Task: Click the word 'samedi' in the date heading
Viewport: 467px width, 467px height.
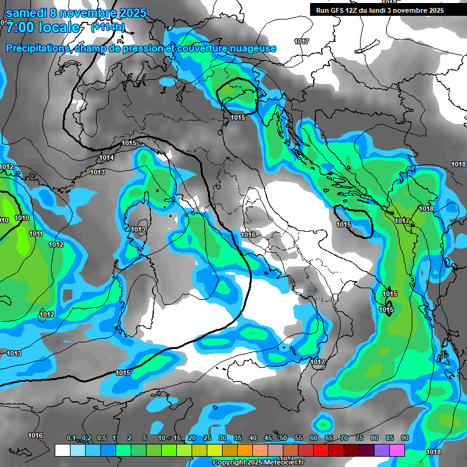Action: (25, 13)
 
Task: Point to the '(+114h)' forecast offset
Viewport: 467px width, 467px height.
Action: (107, 27)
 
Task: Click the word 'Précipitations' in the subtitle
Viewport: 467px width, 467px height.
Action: (38, 48)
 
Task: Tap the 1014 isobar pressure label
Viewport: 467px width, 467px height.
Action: (106, 158)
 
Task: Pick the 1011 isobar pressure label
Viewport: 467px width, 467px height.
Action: (36, 234)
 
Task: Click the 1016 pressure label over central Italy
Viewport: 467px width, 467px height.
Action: (248, 235)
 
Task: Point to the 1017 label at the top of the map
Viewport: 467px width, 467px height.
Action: (302, 41)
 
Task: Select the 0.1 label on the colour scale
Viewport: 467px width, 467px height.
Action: (71, 438)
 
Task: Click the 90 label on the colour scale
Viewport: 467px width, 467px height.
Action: (404, 438)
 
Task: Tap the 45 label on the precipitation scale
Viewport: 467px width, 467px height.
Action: (268, 438)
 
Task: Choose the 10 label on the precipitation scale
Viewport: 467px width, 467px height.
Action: (162, 438)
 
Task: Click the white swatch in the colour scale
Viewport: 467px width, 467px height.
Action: (62, 450)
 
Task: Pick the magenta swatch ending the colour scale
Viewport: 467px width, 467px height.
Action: (397, 450)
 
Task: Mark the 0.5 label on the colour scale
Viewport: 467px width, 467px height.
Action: (101, 438)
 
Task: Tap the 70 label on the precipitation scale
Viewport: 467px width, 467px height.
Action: (344, 438)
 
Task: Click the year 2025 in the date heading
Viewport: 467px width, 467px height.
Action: (133, 13)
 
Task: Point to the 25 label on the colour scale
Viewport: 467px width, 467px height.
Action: (207, 438)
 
